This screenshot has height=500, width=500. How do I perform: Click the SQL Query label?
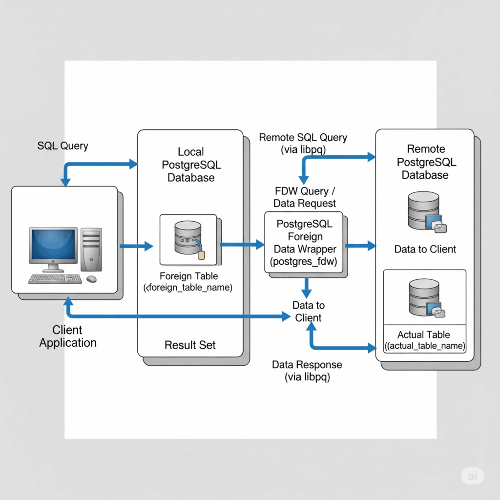(x=62, y=146)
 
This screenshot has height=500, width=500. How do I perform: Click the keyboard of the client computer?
(x=55, y=279)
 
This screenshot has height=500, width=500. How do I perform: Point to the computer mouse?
(x=91, y=279)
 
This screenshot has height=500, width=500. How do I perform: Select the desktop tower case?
(x=91, y=249)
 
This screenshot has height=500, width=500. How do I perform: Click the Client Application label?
(x=68, y=336)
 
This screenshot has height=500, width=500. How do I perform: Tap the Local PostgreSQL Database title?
(x=191, y=165)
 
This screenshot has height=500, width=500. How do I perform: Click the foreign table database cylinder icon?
(x=188, y=238)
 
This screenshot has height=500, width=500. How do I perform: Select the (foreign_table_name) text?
(x=188, y=288)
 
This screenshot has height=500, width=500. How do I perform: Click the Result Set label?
(x=190, y=345)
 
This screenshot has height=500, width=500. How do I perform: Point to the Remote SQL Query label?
(x=303, y=137)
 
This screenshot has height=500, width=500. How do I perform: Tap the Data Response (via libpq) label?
(x=307, y=371)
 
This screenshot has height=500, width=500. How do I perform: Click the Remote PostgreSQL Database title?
(x=425, y=162)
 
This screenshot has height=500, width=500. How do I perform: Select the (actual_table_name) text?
(x=424, y=346)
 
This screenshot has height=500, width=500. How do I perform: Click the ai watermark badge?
(x=472, y=476)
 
